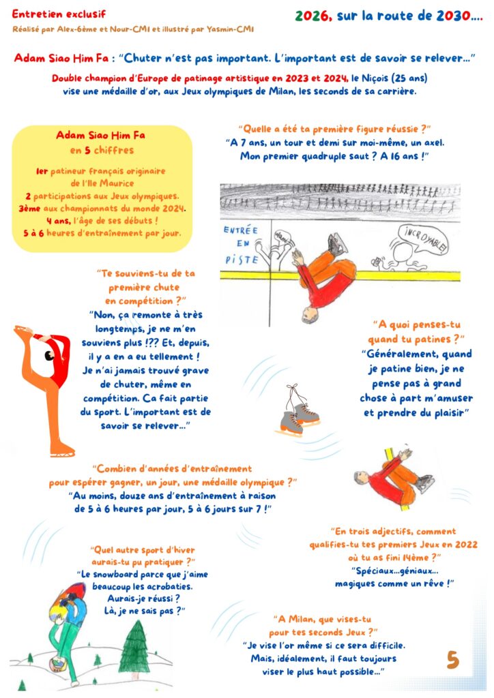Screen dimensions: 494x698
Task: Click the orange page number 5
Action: coord(452,660)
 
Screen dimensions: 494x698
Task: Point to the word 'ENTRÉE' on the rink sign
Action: coord(241,230)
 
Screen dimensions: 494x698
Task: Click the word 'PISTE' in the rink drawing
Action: coord(242,260)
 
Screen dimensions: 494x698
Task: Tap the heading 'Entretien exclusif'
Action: coord(59,14)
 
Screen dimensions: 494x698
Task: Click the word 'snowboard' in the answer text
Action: coord(116,574)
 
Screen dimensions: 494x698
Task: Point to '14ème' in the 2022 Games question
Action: coord(416,558)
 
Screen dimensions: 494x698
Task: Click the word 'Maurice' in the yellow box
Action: coord(117,183)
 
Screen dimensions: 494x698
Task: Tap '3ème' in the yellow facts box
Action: coord(29,209)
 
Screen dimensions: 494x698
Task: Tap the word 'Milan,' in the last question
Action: coord(301,619)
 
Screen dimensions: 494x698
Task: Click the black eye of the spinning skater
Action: coord(49,356)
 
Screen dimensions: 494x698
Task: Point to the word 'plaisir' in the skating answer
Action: coord(448,412)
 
